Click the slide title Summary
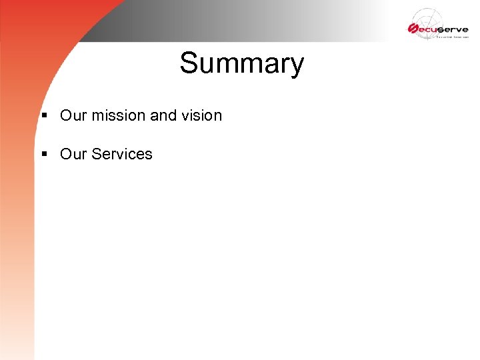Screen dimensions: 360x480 241,64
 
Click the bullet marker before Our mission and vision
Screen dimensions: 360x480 44,116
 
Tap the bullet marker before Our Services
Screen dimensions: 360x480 44,155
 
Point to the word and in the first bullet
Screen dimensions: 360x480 163,115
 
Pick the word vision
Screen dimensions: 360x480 201,115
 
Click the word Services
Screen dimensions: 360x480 122,154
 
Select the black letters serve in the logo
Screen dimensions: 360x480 453,29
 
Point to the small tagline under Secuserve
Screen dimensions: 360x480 453,38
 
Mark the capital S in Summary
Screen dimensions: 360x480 189,64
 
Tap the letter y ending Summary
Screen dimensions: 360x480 296,67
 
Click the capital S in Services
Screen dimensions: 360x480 97,154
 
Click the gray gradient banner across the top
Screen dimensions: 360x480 253,20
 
